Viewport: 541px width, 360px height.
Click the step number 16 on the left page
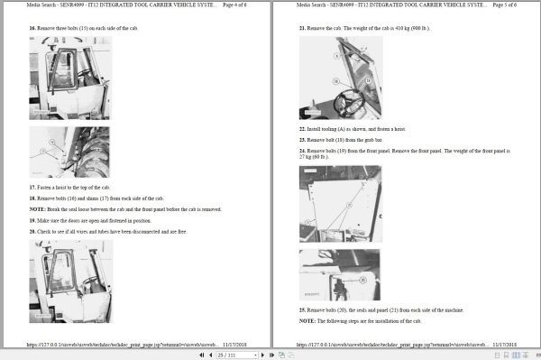pyautogui.click(x=32, y=28)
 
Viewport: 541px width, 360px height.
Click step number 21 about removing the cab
pyautogui.click(x=302, y=28)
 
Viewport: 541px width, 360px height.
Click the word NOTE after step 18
pyautogui.click(x=35, y=208)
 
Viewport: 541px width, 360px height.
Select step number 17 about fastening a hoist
pyautogui.click(x=32, y=187)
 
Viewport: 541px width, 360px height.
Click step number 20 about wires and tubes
pyautogui.click(x=32, y=231)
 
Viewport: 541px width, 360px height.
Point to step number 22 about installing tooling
pyautogui.click(x=302, y=130)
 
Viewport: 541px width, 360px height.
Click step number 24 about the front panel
pyautogui.click(x=302, y=150)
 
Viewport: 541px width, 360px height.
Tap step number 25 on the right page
pyautogui.click(x=302, y=309)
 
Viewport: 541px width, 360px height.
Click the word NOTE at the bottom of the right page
pyautogui.click(x=306, y=320)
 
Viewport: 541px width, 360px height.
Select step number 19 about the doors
pyautogui.click(x=32, y=220)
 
